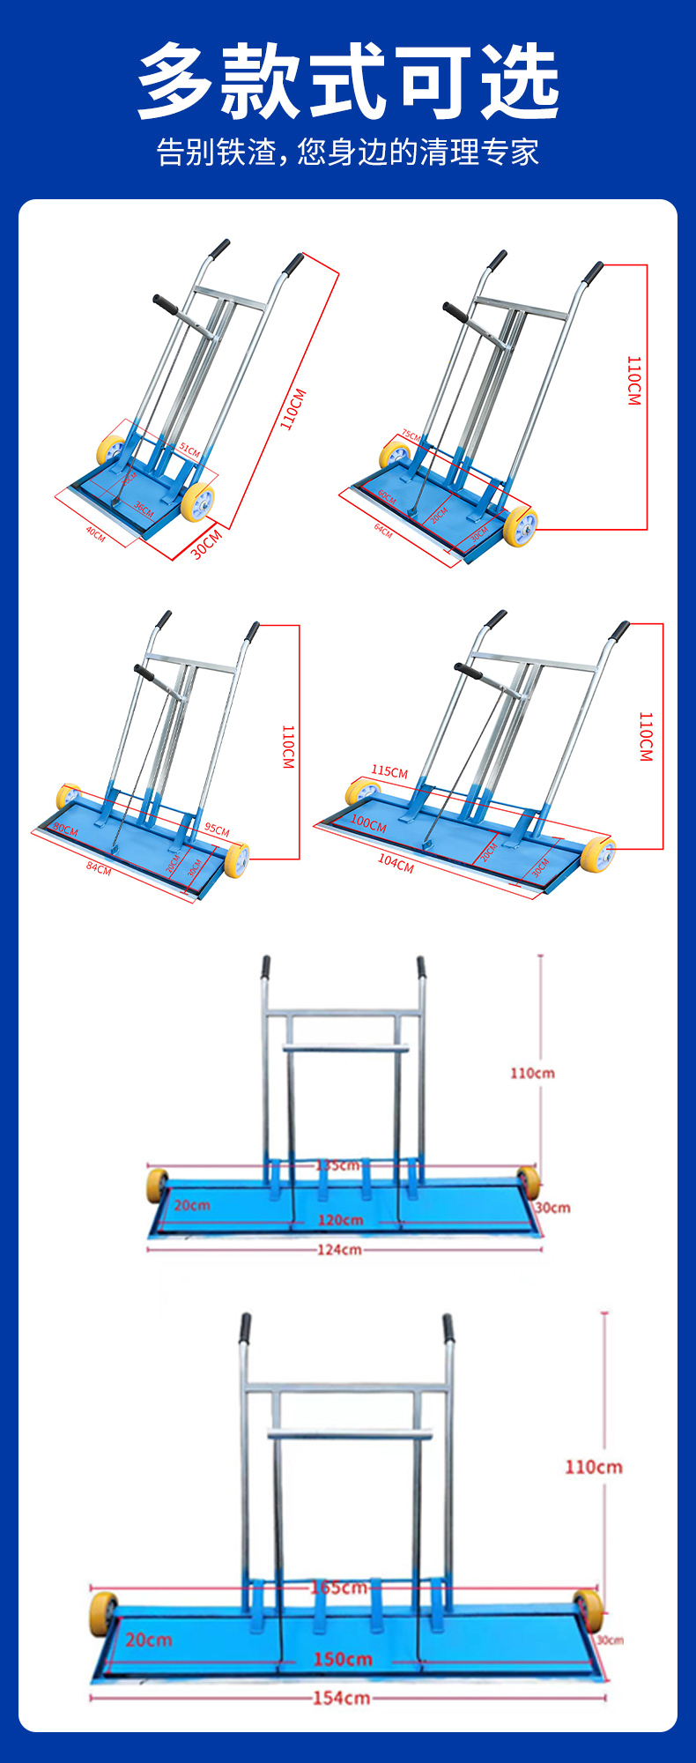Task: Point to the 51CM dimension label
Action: (189, 450)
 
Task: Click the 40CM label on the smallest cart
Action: (95, 533)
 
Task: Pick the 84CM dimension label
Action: (99, 868)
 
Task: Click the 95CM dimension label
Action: (217, 829)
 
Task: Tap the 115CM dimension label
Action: (389, 771)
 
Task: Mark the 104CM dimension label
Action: (396, 864)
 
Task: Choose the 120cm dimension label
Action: (341, 1220)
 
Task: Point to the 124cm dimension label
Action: (339, 1249)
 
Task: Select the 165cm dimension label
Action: (339, 1587)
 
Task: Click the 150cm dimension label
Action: (343, 1659)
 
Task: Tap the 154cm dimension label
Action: (341, 1697)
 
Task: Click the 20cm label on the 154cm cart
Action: (149, 1640)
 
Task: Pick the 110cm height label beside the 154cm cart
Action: (593, 1467)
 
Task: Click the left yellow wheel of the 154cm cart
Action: (103, 1613)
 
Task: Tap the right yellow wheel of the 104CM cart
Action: (597, 855)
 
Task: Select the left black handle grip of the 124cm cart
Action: (265, 968)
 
